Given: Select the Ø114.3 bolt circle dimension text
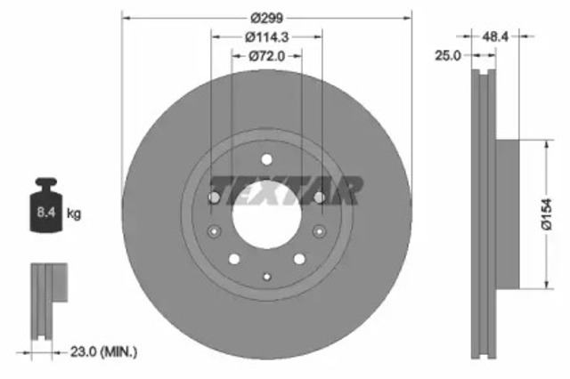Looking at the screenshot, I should point(267,36).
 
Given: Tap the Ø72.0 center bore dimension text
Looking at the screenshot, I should point(267,55).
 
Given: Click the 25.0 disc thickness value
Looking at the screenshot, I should point(448,55).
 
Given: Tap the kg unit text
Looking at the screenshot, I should point(75,214).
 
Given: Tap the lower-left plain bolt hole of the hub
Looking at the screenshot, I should point(233,259).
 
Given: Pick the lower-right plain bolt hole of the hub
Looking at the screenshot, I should point(300,259).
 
